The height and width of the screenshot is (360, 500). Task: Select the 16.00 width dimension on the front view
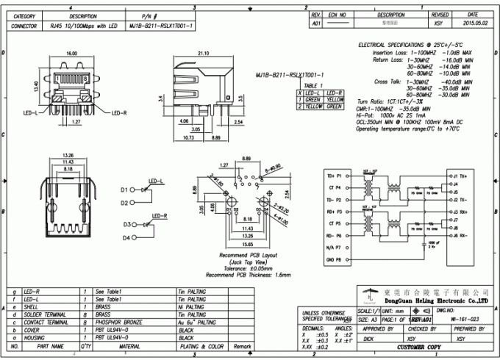pos(72,54)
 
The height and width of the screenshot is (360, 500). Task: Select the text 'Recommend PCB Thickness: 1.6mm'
pos(248,274)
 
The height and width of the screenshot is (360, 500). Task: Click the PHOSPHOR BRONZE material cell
pos(118,322)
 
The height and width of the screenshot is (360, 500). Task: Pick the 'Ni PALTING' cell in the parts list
pos(192,307)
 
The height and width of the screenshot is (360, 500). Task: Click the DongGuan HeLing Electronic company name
pos(436,300)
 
